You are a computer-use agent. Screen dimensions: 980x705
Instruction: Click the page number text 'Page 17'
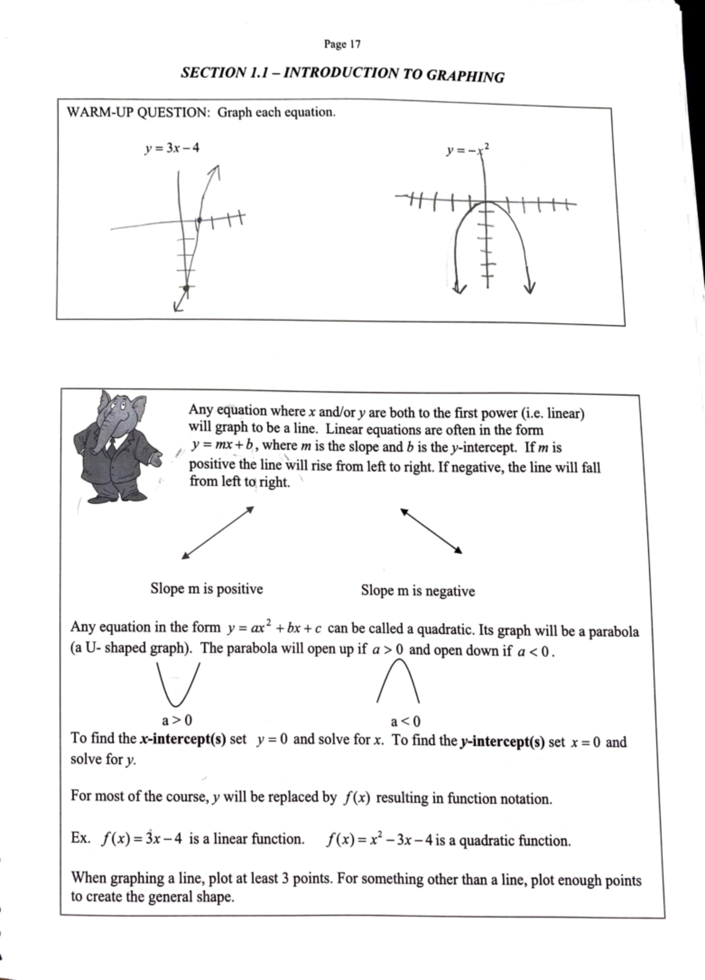[x=342, y=44]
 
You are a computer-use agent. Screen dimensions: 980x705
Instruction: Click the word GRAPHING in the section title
[x=465, y=76]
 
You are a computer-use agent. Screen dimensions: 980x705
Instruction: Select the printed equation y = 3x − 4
[x=172, y=148]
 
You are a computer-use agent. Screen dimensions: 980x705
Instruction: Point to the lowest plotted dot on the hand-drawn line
[x=186, y=288]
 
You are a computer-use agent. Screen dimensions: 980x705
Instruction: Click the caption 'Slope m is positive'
[x=206, y=589]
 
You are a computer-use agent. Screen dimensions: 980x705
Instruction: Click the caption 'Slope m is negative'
[x=418, y=591]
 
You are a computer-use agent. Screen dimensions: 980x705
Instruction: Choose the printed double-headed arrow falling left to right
[x=432, y=531]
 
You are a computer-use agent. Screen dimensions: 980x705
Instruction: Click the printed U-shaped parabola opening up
[x=179, y=684]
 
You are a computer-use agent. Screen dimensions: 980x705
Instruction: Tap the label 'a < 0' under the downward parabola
[x=405, y=721]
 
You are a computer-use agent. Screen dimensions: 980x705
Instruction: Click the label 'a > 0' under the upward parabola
[x=177, y=720]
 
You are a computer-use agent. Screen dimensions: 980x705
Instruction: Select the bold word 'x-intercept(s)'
[x=183, y=739]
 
